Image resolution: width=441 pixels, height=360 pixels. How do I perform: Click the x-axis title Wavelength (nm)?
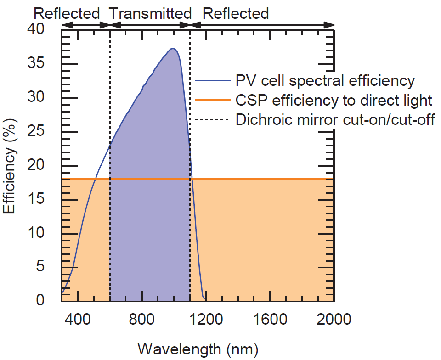pos(198,349)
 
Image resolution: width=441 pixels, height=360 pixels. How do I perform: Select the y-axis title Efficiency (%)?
pos(10,164)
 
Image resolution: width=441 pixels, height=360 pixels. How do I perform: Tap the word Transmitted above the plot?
pos(150,13)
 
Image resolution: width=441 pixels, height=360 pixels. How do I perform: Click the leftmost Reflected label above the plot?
pos(67,13)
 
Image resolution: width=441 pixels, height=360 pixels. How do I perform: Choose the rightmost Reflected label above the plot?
pos(236,13)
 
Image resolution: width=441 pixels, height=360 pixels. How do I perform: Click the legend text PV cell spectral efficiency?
pos(325,81)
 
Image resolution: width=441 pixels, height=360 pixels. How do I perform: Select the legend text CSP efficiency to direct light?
pos(334,100)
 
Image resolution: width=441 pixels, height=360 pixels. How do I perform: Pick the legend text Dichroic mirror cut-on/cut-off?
pos(335,119)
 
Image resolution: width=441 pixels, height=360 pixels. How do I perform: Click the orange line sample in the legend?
pos(212,101)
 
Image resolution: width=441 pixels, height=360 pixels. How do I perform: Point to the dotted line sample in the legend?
pos(212,120)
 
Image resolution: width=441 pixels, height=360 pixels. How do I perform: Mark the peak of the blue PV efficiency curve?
pos(173,49)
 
